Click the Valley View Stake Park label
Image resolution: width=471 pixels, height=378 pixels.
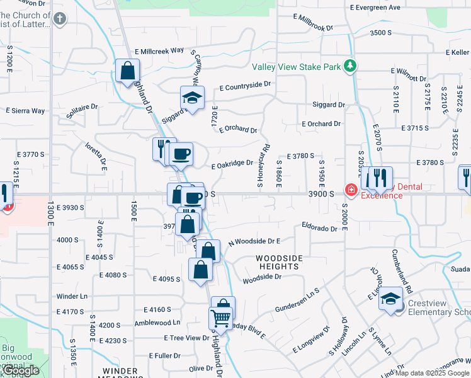pyautogui.click(x=296, y=67)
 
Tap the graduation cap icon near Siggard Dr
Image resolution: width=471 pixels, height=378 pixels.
pyautogui.click(x=192, y=98)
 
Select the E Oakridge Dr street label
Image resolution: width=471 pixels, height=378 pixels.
pyautogui.click(x=232, y=164)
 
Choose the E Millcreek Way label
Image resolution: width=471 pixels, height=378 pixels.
pyautogui.click(x=159, y=50)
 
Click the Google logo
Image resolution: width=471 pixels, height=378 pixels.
pyautogui.click(x=20, y=371)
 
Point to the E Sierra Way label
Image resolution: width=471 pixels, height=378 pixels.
pyautogui.click(x=26, y=110)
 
